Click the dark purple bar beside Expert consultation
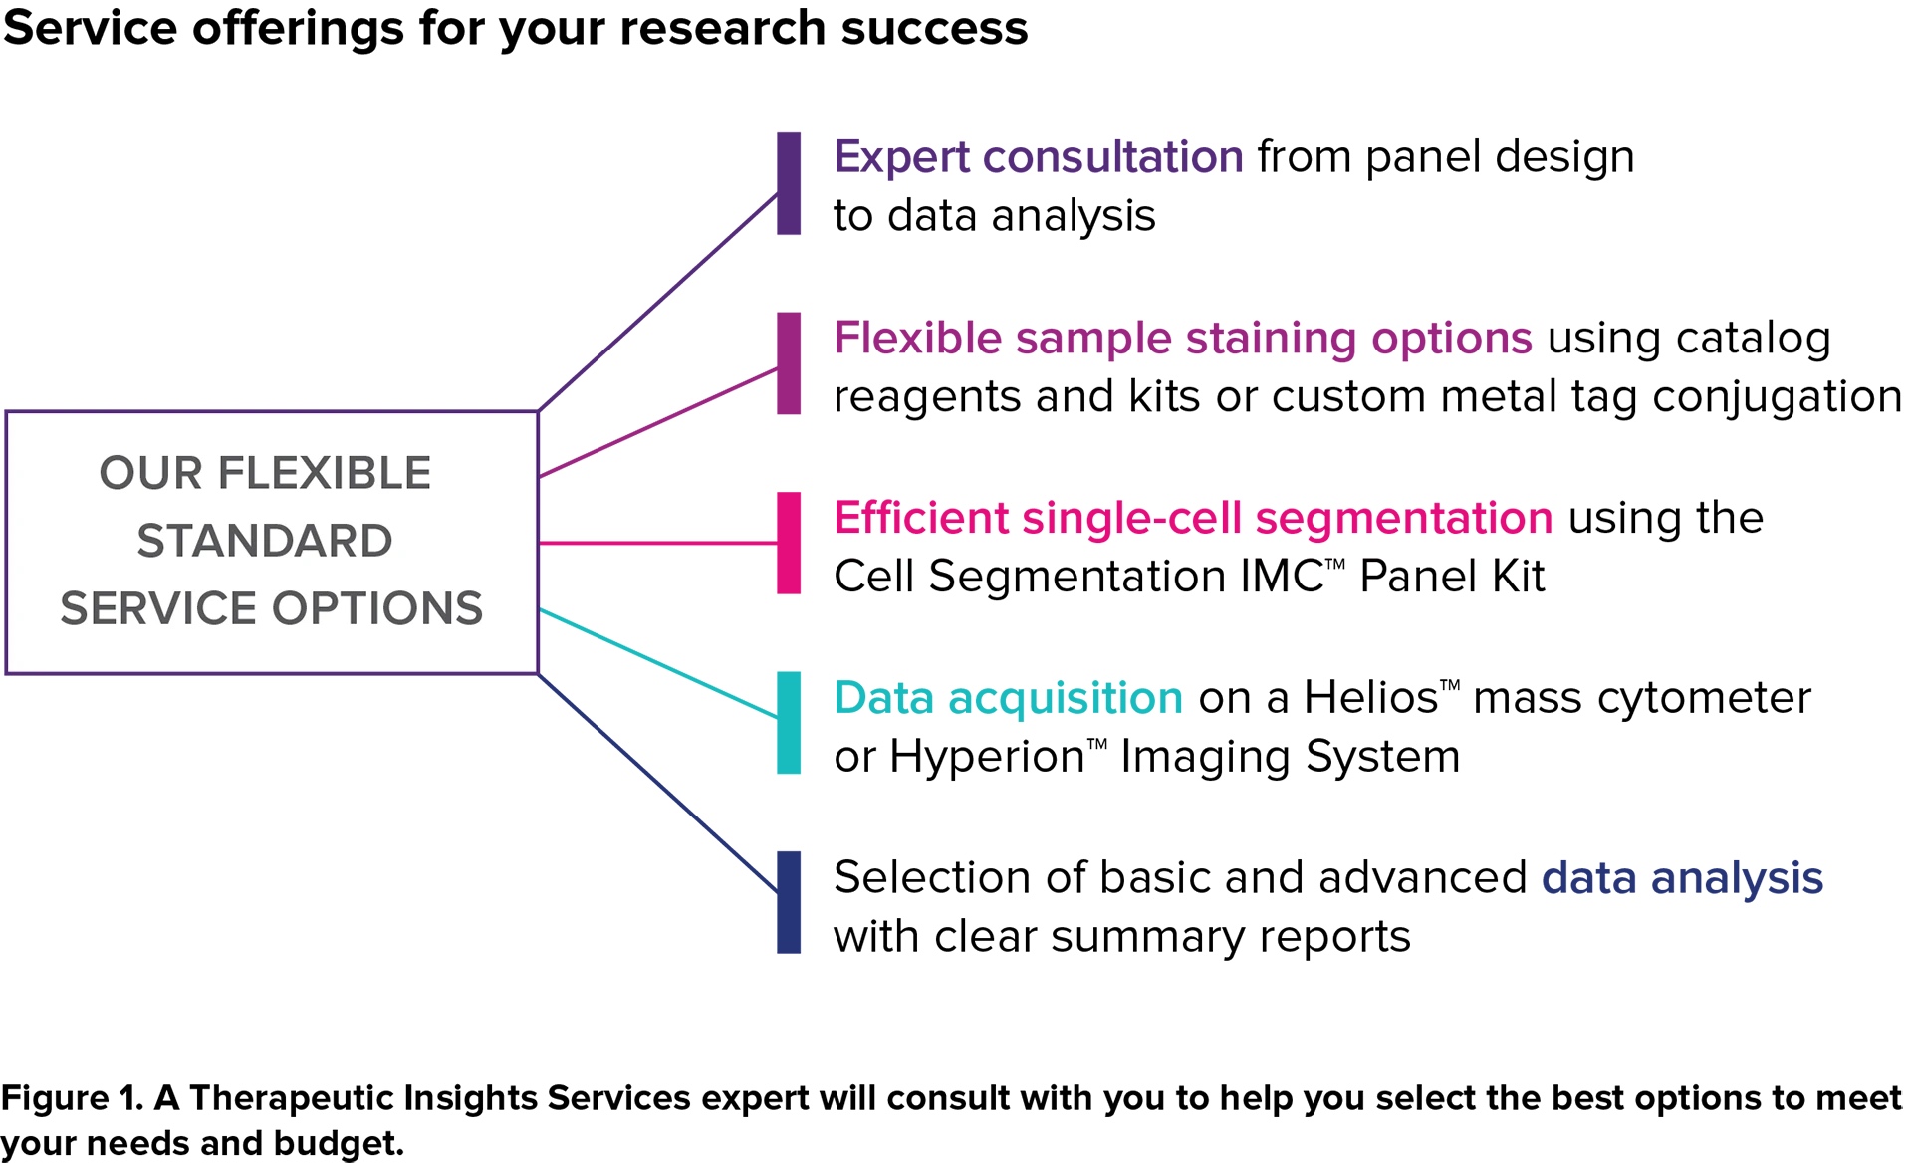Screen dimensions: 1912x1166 (x=789, y=183)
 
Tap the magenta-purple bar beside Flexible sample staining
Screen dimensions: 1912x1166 (x=789, y=363)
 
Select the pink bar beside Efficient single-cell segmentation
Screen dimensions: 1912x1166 (x=789, y=543)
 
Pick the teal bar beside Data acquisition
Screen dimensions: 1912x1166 (x=789, y=723)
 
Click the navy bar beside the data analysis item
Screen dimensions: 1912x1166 (x=789, y=902)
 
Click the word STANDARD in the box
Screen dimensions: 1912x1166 (x=265, y=541)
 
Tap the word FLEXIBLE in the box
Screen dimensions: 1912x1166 (x=325, y=473)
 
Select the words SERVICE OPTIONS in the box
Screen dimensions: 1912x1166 (x=271, y=608)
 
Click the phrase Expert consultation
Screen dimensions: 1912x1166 (x=1039, y=157)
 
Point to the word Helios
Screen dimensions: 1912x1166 (x=1371, y=697)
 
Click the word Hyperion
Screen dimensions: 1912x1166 (x=987, y=758)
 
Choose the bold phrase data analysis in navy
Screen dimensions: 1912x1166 (x=1682, y=878)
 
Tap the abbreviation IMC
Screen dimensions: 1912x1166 (x=1278, y=577)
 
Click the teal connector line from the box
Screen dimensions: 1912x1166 (x=658, y=663)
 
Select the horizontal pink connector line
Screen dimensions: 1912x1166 (x=658, y=543)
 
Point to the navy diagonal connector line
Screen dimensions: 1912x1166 (x=658, y=784)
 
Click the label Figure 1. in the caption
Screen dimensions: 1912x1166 (x=73, y=1098)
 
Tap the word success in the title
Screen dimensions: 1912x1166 (x=934, y=28)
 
